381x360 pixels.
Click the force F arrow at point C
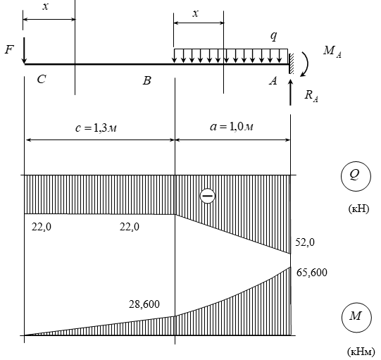coord(24,50)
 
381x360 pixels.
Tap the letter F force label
coord(9,49)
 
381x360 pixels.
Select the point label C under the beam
coord(42,79)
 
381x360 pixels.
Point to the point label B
coord(146,80)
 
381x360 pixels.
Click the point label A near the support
coord(273,80)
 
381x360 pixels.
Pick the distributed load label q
coord(273,36)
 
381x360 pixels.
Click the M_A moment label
coord(332,51)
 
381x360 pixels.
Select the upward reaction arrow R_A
coord(290,92)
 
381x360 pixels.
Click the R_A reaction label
coord(311,96)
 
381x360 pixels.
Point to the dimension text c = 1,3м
coord(96,128)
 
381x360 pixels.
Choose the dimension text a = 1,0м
coord(232,127)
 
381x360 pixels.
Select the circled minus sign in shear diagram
coord(207,196)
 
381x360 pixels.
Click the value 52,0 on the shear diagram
coord(305,242)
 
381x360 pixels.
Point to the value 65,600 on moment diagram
coord(311,273)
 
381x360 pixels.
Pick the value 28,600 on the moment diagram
coord(144,304)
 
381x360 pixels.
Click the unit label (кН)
coord(358,209)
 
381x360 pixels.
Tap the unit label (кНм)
coord(361,352)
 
